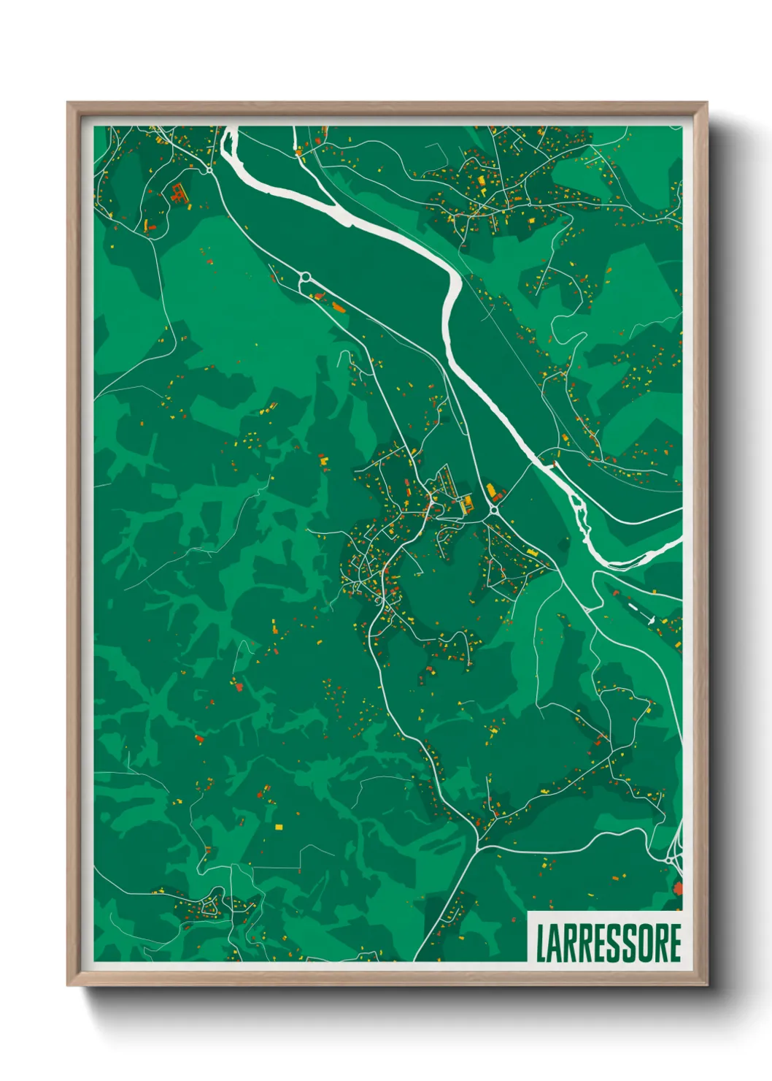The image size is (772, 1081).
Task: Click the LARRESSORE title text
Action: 609,943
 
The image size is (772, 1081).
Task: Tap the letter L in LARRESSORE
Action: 541,943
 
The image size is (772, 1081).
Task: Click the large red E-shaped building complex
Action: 177,193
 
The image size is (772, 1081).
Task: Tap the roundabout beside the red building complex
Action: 209,170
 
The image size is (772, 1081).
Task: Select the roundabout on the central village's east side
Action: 494,510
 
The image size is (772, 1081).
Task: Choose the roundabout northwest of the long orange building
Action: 305,277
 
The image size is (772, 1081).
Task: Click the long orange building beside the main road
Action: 338,306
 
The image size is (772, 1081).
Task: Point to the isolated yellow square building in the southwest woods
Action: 279,826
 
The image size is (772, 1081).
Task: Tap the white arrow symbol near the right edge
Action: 649,619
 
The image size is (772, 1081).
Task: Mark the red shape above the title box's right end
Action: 677,888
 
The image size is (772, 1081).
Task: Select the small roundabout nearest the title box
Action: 669,860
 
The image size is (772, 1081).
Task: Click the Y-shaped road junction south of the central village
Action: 477,847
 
